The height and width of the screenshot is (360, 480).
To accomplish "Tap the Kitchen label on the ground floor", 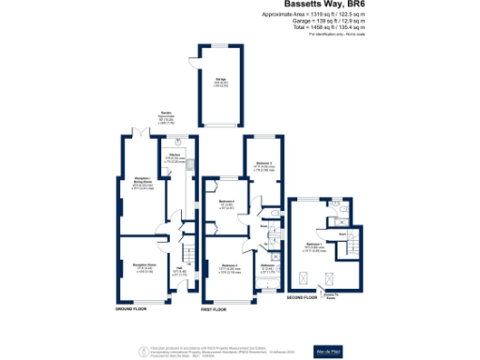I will [174, 156].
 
